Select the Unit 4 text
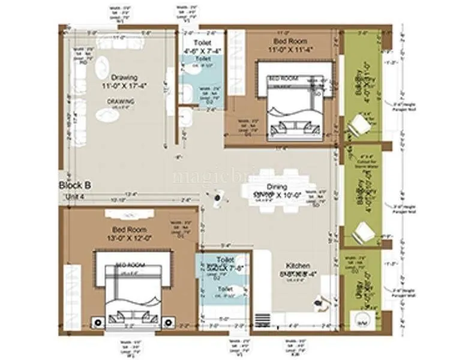point(75,196)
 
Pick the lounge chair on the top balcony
point(361,126)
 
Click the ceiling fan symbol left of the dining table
point(217,196)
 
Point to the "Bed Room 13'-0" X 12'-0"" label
point(130,233)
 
